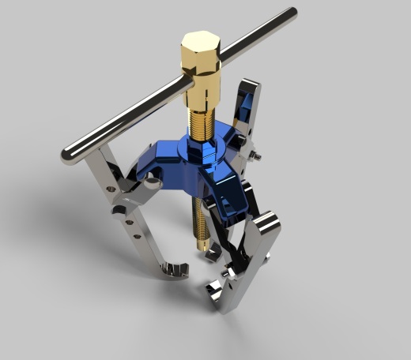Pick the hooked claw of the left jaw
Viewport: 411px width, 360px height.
176,271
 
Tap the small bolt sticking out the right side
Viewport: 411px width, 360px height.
257,159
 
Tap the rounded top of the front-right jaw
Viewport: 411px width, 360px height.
268,220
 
